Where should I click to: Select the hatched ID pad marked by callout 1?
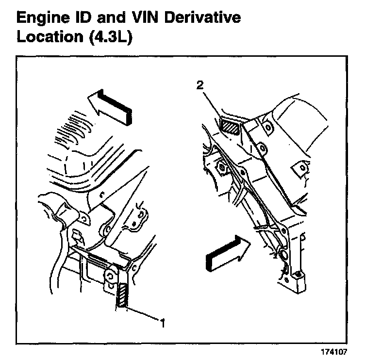pos(122,295)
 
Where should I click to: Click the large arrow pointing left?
pos(111,105)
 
